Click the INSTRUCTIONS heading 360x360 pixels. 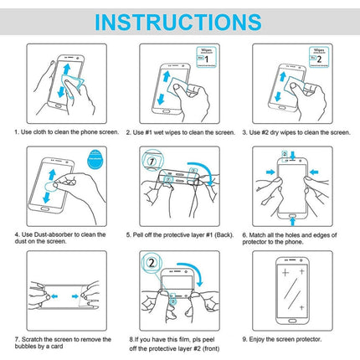(x=179, y=20)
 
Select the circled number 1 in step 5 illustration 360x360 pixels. (x=151, y=159)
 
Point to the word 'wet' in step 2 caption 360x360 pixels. (x=167, y=132)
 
